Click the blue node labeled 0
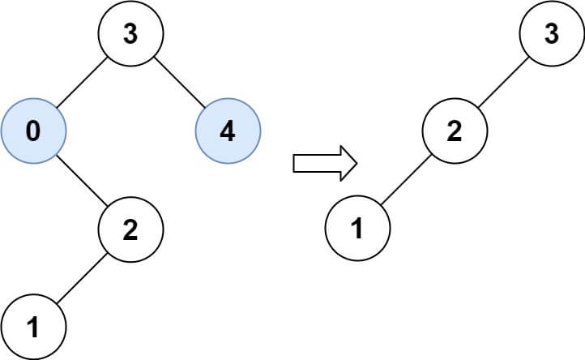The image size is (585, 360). pos(33,131)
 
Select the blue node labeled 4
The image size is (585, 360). pos(228,131)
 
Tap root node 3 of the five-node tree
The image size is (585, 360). pos(130,33)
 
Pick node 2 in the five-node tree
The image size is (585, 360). pos(130,229)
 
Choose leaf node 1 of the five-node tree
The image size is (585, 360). pos(33,327)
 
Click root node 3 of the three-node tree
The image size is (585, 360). pos(552,33)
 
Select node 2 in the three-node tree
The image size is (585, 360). pos(455,131)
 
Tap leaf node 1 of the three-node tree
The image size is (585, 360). pos(358,228)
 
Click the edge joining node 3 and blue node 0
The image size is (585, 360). pos(82,82)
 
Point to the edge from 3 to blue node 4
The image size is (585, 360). pos(179,82)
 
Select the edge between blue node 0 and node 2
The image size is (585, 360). pos(82,180)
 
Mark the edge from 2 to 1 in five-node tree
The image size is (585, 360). pos(82,278)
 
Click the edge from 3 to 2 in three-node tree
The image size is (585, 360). pos(504,82)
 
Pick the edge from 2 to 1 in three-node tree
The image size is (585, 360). pos(406,179)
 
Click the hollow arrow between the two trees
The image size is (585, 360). pos(325,163)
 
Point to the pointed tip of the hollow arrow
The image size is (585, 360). pos(357,163)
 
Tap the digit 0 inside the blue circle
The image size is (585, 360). pos(33,131)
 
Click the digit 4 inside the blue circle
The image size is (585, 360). pos(228,131)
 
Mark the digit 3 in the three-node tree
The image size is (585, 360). pos(552,33)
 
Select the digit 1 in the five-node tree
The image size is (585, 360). pos(33,327)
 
